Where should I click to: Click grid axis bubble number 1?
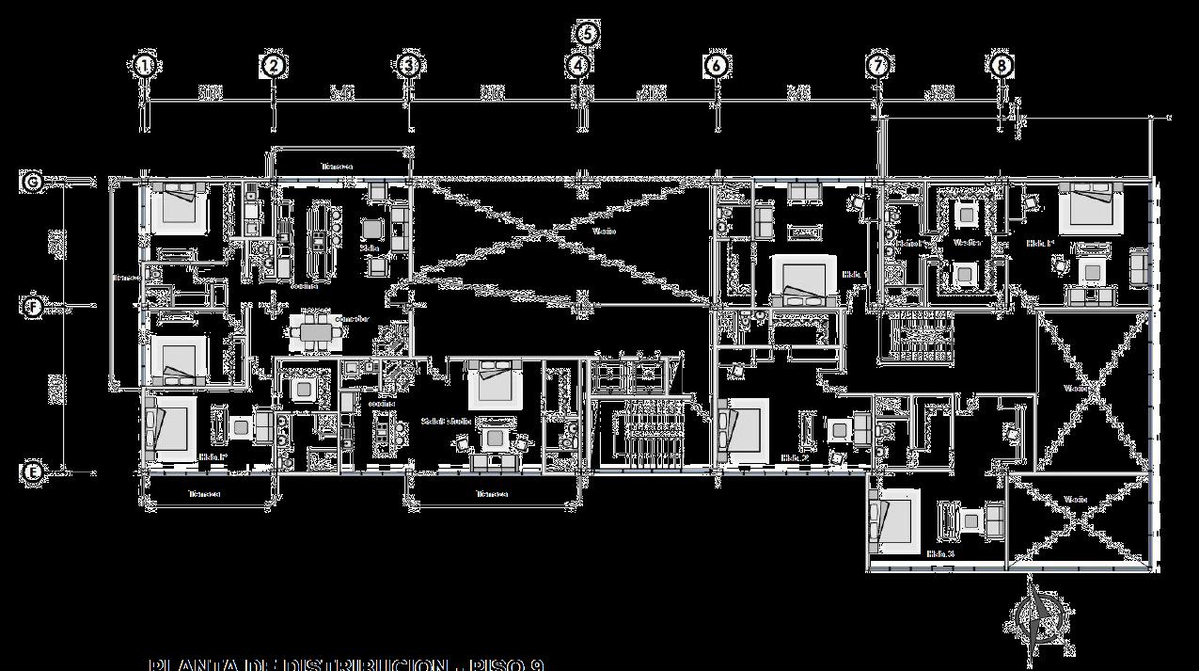(x=144, y=66)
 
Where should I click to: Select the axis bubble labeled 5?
(x=587, y=33)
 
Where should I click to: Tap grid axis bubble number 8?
(x=1002, y=66)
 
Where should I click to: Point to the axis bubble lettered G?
(x=32, y=181)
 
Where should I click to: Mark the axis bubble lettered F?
(x=32, y=307)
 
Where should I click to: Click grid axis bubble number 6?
(x=717, y=66)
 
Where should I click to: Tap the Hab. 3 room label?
(x=940, y=554)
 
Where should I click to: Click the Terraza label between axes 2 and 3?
(x=337, y=167)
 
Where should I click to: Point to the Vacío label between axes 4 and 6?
(x=605, y=230)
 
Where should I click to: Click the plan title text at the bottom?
(x=346, y=664)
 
